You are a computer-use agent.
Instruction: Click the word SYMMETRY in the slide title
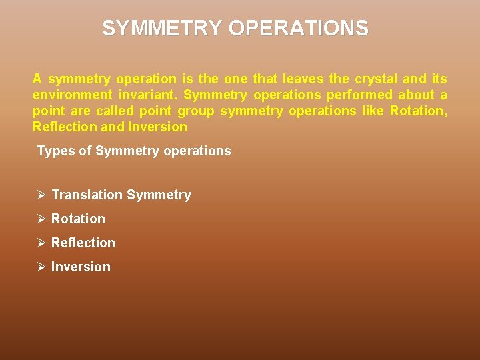pyautogui.click(x=162, y=28)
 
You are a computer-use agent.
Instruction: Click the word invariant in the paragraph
pyautogui.click(x=148, y=95)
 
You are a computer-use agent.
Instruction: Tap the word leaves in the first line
pyautogui.click(x=303, y=79)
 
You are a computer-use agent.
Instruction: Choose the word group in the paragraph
pyautogui.click(x=195, y=111)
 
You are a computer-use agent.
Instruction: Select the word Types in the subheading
pyautogui.click(x=55, y=151)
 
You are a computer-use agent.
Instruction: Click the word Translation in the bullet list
pyautogui.click(x=87, y=195)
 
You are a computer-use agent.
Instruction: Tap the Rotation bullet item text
pyautogui.click(x=78, y=219)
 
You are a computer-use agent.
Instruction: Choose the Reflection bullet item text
pyautogui.click(x=83, y=243)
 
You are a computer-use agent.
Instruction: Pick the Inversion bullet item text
pyautogui.click(x=81, y=267)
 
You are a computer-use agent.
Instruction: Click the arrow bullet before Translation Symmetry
pyautogui.click(x=41, y=195)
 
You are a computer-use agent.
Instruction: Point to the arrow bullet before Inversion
pyautogui.click(x=41, y=267)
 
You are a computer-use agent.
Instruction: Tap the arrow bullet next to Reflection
pyautogui.click(x=41, y=243)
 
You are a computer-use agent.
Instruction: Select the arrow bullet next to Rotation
pyautogui.click(x=41, y=219)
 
